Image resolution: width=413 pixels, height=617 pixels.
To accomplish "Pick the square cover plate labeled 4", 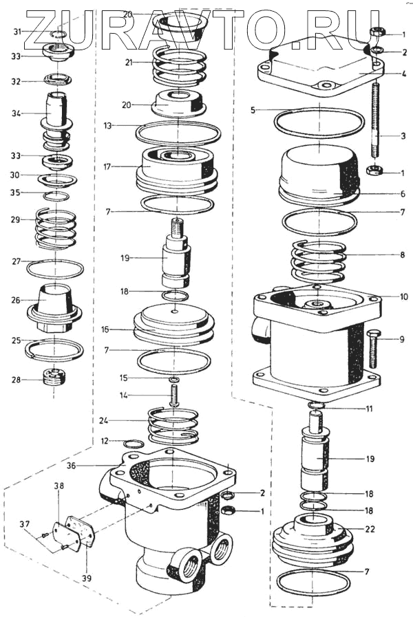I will [x=320, y=72].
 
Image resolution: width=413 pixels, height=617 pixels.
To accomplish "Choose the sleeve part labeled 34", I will [x=56, y=108].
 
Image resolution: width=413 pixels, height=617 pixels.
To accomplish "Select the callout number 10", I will [x=403, y=297].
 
